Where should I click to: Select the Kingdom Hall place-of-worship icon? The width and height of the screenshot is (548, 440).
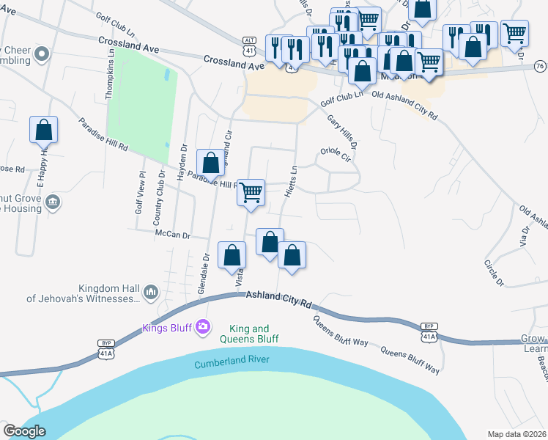tap(150, 292)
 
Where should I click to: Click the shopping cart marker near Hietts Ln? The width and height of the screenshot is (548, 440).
tap(251, 193)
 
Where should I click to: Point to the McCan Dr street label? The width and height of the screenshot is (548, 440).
tap(172, 235)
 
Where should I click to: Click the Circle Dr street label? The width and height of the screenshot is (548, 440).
tap(495, 272)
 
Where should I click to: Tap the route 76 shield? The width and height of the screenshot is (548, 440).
tap(540, 67)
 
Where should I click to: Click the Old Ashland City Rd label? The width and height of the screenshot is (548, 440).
tap(404, 105)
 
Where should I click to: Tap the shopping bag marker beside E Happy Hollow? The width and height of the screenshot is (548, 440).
tap(44, 130)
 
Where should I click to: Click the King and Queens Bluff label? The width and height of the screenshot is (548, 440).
tap(250, 334)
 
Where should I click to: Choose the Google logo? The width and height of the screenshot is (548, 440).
tap(24, 431)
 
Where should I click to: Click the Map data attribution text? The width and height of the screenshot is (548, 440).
tap(516, 434)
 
